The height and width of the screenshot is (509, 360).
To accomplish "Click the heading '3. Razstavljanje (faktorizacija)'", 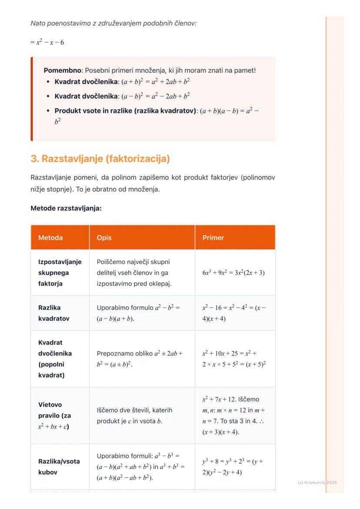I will click(x=100, y=159).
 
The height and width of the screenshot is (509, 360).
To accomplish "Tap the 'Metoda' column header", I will click(x=50, y=238).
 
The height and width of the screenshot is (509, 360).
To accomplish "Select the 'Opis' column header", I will click(x=104, y=238).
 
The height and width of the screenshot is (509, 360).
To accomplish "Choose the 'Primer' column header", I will click(x=213, y=238).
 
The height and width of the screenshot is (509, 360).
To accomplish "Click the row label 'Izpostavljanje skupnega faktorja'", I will click(x=60, y=273).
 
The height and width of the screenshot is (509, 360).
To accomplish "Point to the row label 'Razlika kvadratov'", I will click(x=54, y=313).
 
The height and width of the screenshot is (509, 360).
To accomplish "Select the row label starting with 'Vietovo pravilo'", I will click(x=55, y=416).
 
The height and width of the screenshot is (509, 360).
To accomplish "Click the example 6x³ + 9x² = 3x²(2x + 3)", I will click(x=233, y=273).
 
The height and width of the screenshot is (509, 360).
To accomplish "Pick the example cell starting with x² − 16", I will click(x=233, y=313).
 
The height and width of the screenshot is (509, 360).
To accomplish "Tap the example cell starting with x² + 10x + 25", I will click(x=234, y=359).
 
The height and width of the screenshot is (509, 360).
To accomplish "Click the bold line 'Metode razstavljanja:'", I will click(x=66, y=208).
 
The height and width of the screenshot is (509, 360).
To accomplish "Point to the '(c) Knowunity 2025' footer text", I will click(x=317, y=482).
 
